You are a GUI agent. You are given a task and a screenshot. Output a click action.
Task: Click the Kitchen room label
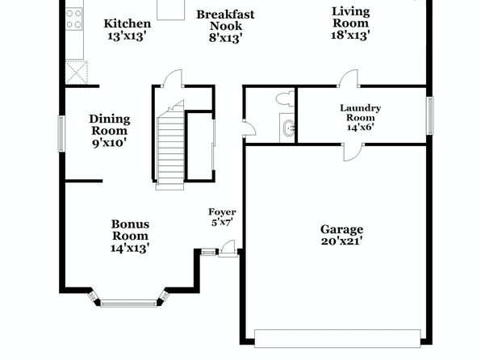(x=128, y=23)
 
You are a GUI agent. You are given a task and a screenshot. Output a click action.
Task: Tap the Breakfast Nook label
(x=225, y=20)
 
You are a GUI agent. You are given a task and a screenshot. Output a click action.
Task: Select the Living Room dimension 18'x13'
(x=350, y=35)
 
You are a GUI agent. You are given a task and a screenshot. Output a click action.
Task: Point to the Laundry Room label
(x=361, y=113)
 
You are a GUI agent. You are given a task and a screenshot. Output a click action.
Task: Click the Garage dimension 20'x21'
(x=341, y=241)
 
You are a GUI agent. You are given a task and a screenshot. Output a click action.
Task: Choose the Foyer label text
(x=222, y=211)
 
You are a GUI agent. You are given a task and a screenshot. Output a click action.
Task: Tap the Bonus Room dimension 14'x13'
(x=130, y=248)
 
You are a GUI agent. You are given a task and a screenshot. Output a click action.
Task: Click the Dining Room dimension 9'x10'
(x=109, y=143)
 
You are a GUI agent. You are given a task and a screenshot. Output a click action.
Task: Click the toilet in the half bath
(x=286, y=98)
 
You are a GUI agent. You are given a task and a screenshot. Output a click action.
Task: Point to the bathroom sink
(x=289, y=128)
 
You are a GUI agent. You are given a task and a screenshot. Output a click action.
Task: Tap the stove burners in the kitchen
(x=74, y=19)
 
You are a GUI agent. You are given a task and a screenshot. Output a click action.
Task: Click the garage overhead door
(x=337, y=338)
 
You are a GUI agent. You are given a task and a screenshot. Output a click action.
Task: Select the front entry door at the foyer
(x=228, y=249)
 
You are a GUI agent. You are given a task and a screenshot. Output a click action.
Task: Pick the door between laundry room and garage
(x=352, y=152)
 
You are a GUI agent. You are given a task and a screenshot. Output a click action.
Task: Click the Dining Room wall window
(x=61, y=133)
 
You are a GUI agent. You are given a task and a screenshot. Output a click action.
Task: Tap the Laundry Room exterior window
(x=430, y=115)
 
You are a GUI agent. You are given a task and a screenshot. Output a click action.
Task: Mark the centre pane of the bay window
(x=128, y=303)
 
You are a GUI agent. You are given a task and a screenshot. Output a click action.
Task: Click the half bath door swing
(x=249, y=128)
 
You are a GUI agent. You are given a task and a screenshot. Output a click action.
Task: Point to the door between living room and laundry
(x=348, y=78)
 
